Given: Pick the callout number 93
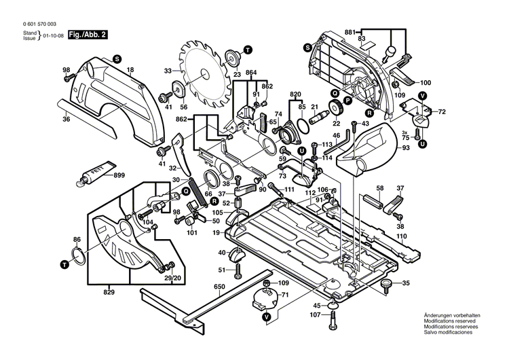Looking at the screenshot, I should coord(406,148).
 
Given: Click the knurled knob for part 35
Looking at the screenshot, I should coord(387,283).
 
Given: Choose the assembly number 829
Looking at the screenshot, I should coord(110,291).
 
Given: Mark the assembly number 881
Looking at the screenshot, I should coord(350,32).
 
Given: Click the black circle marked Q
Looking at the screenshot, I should coord(184,192).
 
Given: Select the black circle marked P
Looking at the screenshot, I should coord(346,100).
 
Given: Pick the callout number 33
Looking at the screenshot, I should coord(168,70).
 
